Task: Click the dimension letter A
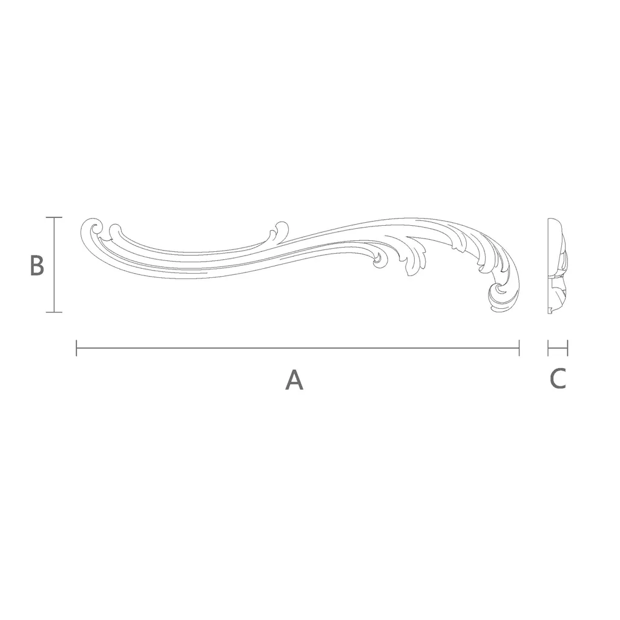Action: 294,380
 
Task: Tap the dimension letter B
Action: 37,265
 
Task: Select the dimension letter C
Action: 558,378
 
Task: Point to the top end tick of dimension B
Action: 54,217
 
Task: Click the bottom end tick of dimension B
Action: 54,312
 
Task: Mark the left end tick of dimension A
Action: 76,348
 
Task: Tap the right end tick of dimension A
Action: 519,348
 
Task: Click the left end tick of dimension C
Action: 549,348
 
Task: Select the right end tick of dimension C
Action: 567,348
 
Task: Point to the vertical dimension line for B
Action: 54,265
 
